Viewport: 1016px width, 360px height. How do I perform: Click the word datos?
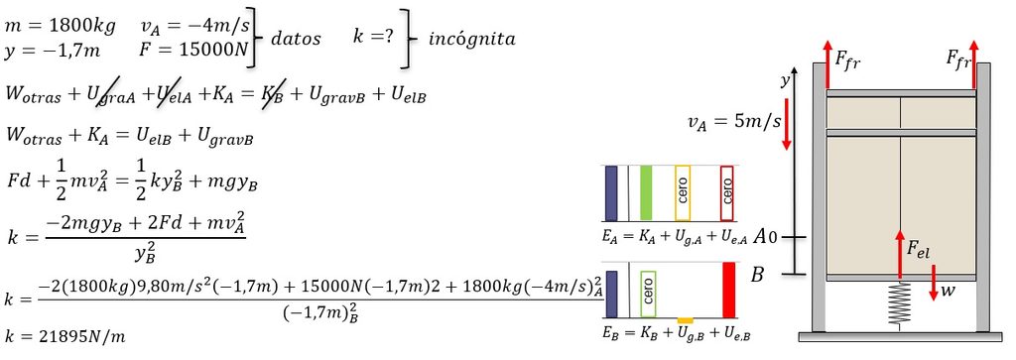[296, 39]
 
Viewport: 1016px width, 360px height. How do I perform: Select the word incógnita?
[471, 39]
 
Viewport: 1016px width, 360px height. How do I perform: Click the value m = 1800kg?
[61, 27]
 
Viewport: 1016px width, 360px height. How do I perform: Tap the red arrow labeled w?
[933, 282]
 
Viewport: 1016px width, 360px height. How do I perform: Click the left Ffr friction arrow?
[827, 64]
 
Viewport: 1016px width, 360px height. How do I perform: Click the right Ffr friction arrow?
[974, 64]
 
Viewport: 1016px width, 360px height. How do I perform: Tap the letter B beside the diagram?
[757, 275]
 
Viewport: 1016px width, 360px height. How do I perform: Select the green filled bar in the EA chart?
[645, 192]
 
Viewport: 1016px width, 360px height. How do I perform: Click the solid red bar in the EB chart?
[728, 290]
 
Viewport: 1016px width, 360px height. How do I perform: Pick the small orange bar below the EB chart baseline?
[685, 320]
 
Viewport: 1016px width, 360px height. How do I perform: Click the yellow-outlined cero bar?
[683, 192]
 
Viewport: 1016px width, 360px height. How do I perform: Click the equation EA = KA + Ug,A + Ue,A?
[675, 238]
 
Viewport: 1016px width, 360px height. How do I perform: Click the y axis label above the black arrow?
[786, 80]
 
